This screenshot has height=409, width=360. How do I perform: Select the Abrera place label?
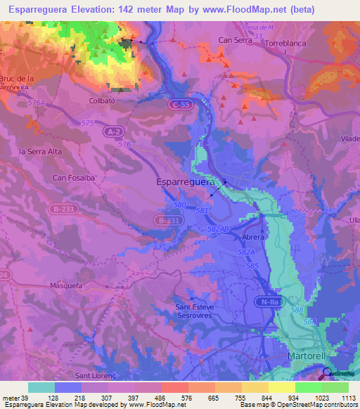pyautogui.click(x=252, y=237)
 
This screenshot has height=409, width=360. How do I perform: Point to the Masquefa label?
pyautogui.click(x=67, y=286)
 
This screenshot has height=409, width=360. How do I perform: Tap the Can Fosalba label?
pyautogui.click(x=74, y=178)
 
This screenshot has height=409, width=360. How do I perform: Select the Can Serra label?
pyautogui.click(x=235, y=40)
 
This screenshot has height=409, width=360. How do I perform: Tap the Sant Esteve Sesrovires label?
pyautogui.click(x=200, y=310)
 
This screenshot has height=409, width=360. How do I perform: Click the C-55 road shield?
pyautogui.click(x=179, y=104)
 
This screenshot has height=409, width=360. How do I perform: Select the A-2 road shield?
pyautogui.click(x=112, y=131)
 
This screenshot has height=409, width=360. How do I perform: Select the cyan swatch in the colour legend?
pyautogui.click(x=41, y=387)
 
